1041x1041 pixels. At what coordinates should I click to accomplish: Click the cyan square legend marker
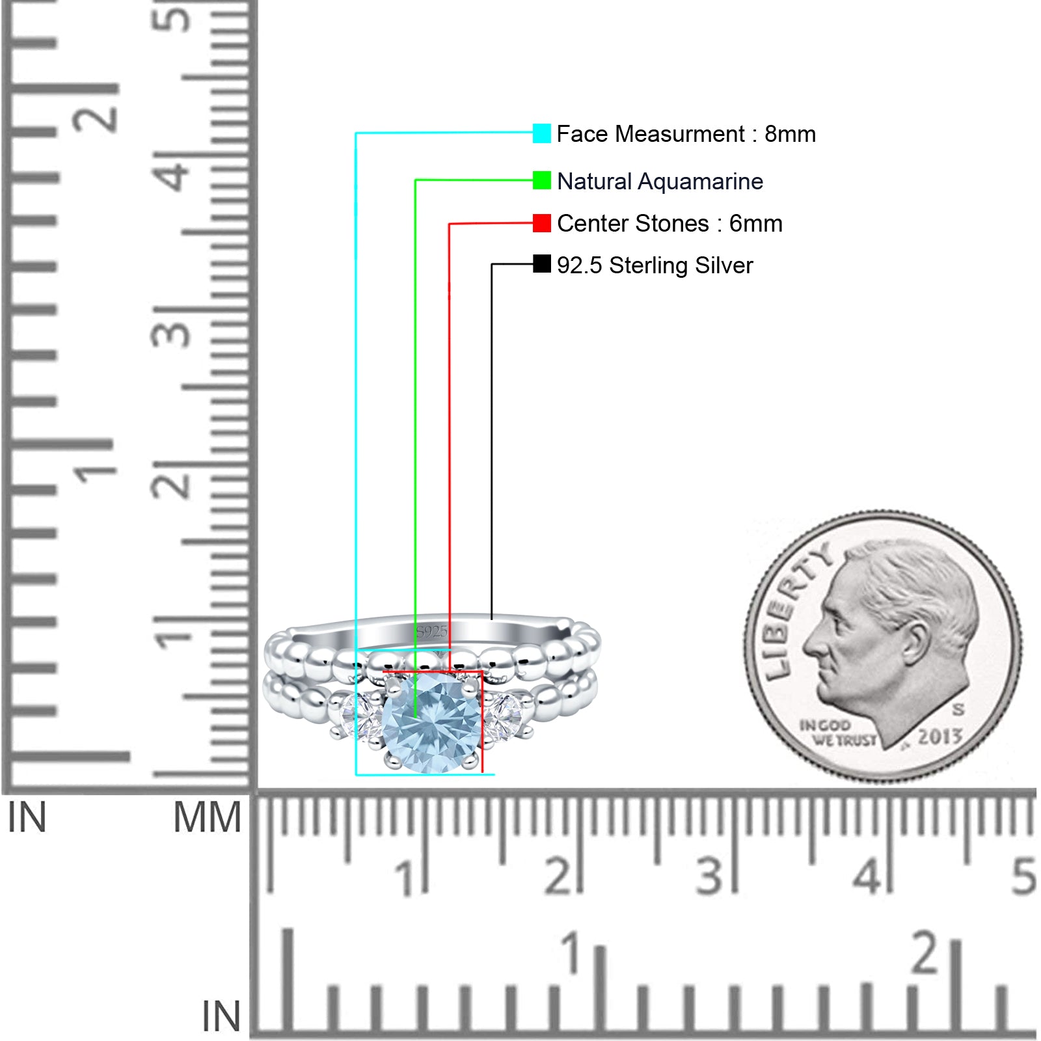tap(541, 133)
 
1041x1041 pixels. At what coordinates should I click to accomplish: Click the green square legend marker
tap(541, 180)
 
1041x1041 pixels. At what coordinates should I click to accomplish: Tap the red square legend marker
tap(541, 223)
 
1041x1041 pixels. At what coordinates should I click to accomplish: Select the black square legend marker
tap(541, 264)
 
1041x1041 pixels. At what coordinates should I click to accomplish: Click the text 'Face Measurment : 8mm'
tap(686, 134)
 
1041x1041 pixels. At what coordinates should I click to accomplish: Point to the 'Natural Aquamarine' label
tap(660, 182)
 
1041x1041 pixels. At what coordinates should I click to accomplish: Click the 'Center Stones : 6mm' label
tap(669, 224)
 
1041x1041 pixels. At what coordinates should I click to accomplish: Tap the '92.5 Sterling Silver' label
tap(655, 265)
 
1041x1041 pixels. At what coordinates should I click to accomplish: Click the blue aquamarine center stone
tap(432, 723)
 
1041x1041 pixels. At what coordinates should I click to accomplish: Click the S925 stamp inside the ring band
tap(432, 631)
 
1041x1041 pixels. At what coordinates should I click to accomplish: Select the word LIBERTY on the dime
tap(796, 610)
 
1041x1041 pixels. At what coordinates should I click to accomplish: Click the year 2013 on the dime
tap(940, 737)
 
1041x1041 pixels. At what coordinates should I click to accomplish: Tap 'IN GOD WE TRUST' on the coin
tap(838, 733)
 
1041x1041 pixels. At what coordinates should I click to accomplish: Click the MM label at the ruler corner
tap(207, 818)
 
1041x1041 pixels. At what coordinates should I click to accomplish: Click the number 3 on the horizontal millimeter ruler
tap(709, 876)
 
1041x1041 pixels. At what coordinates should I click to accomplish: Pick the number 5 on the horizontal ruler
tap(1023, 876)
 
